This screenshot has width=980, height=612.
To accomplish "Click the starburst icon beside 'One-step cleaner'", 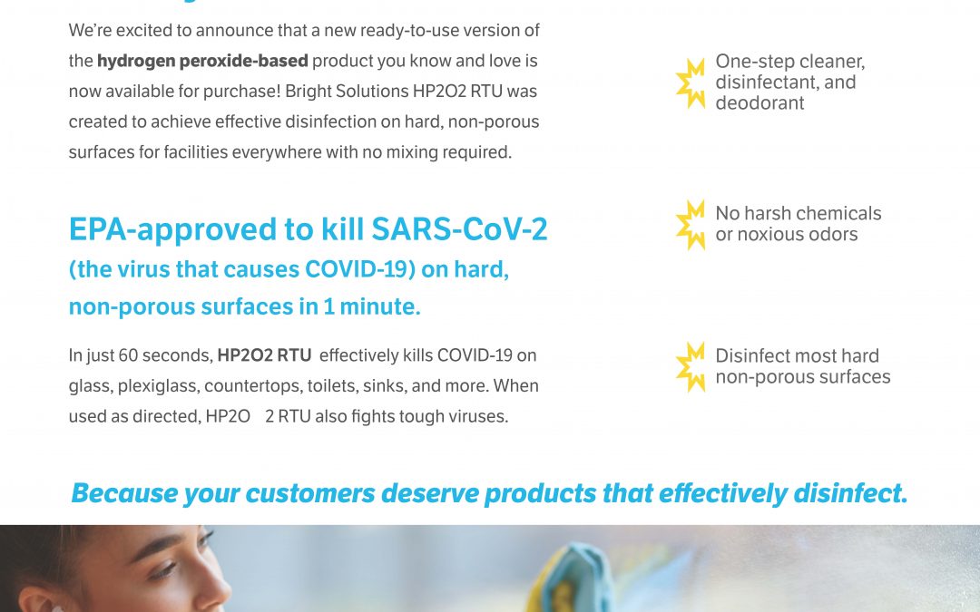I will (691, 83).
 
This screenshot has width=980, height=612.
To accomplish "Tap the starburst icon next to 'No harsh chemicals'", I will (691, 224).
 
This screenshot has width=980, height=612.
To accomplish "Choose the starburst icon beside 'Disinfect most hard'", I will (691, 366).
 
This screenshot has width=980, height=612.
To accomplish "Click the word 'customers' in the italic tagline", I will (314, 494).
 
